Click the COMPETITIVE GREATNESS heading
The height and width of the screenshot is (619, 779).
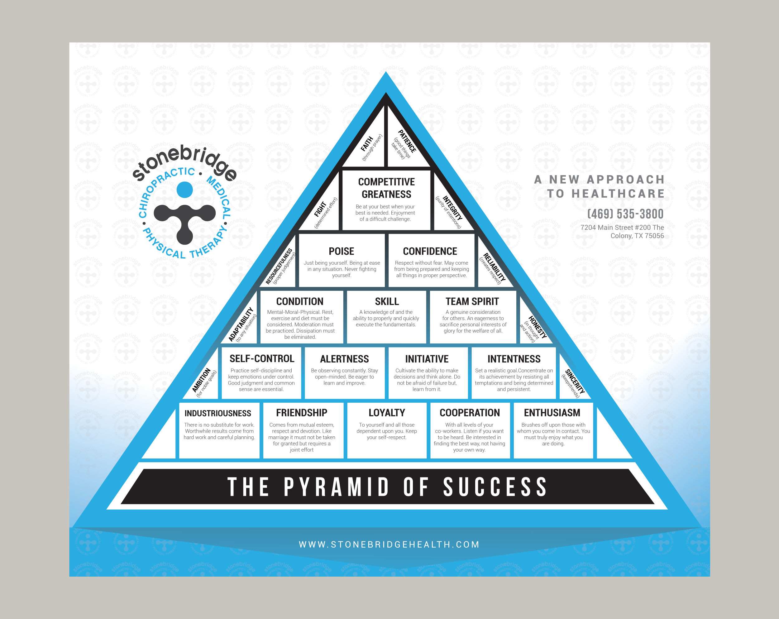(x=386, y=188)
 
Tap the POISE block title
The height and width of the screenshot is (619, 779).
(x=342, y=251)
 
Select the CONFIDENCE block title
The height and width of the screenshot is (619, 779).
(x=430, y=251)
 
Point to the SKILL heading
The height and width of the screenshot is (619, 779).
(x=387, y=301)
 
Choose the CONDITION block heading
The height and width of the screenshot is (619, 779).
(x=299, y=301)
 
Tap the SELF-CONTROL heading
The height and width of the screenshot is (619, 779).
(x=262, y=358)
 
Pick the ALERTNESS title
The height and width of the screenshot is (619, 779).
(x=344, y=359)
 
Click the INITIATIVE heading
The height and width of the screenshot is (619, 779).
(x=427, y=359)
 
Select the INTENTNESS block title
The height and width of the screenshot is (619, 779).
(x=514, y=359)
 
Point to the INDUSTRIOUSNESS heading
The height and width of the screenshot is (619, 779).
(x=218, y=413)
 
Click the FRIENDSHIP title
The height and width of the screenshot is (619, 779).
(x=302, y=413)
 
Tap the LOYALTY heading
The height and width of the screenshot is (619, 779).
(x=387, y=413)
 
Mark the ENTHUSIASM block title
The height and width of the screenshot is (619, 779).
(x=552, y=413)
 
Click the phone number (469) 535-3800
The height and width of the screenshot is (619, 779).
(x=625, y=214)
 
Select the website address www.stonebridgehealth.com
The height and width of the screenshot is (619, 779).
(x=389, y=545)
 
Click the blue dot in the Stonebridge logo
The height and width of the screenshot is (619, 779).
(x=185, y=190)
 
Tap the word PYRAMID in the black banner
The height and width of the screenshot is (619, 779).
(x=336, y=487)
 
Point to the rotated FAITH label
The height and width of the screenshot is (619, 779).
(x=367, y=144)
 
